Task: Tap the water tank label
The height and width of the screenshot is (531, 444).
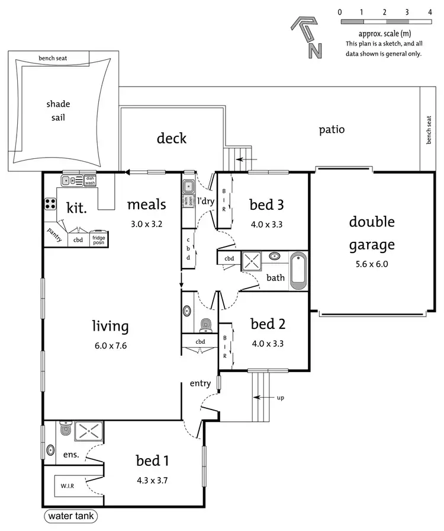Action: (x=70, y=516)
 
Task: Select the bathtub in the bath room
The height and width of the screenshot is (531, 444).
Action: (x=298, y=271)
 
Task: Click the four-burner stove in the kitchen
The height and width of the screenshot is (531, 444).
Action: (x=50, y=204)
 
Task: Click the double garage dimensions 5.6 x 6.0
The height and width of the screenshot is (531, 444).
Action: (x=371, y=264)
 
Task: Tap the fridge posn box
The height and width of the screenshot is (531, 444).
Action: (x=98, y=240)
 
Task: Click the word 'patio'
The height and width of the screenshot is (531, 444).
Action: (x=331, y=129)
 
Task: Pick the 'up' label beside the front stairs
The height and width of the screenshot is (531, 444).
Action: (x=280, y=397)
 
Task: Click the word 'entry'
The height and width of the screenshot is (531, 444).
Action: (x=200, y=383)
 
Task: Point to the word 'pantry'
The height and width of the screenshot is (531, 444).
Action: (x=55, y=232)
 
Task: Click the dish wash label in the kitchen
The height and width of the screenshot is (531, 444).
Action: (x=90, y=180)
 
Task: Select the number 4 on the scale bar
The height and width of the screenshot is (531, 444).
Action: (x=429, y=12)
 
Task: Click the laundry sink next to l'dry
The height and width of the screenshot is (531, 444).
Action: (x=188, y=187)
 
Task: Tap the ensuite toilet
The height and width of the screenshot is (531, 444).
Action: (x=65, y=429)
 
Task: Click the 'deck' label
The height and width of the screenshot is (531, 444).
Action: (x=172, y=138)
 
